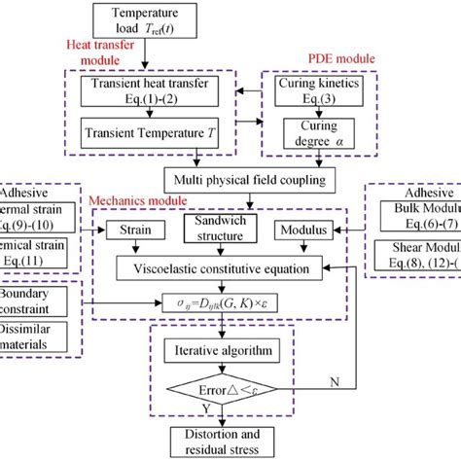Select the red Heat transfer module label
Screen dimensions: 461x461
point(104,53)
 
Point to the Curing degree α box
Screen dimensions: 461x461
point(314,134)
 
